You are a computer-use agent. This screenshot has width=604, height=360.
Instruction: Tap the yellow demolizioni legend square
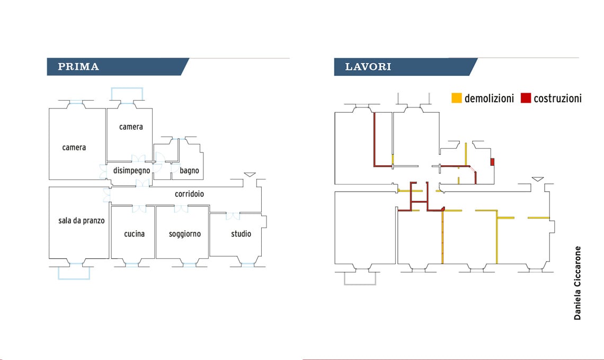[456, 98]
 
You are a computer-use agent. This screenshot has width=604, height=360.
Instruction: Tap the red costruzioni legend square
[526, 98]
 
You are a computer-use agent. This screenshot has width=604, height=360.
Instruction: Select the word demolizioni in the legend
[489, 98]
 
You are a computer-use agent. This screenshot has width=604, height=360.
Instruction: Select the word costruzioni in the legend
[557, 98]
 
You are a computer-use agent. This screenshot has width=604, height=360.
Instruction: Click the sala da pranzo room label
[82, 221]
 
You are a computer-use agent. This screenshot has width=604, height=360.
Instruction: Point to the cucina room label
[134, 234]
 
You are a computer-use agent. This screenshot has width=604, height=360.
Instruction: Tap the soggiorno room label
[185, 234]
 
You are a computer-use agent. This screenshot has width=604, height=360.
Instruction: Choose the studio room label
[241, 234]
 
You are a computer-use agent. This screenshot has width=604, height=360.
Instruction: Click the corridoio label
[189, 194]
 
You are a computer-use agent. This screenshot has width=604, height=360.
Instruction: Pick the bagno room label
[189, 170]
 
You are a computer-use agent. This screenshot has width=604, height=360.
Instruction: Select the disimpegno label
[131, 170]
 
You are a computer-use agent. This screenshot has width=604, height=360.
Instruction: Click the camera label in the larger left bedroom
[74, 148]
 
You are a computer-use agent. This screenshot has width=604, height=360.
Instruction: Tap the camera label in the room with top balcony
[131, 127]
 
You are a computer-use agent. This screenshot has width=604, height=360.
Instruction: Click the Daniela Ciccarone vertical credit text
[578, 283]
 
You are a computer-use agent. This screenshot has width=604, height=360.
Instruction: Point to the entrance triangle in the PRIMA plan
[250, 175]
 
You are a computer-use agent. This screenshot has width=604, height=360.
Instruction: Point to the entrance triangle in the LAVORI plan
[538, 179]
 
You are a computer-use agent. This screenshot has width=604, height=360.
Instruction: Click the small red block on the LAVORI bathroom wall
[492, 161]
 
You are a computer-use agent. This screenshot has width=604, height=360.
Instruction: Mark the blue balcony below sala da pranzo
[74, 273]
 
